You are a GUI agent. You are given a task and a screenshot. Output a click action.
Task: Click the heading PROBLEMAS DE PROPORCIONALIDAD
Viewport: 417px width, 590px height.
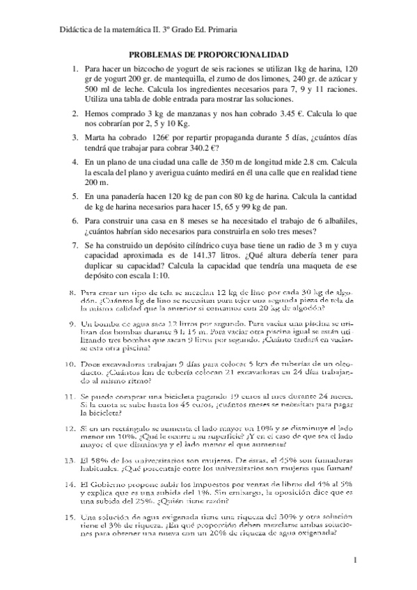click(x=209, y=54)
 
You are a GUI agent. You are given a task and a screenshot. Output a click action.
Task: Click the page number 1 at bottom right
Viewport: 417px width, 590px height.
click(x=355, y=560)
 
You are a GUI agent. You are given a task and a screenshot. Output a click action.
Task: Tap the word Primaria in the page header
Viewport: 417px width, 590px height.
click(x=222, y=29)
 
